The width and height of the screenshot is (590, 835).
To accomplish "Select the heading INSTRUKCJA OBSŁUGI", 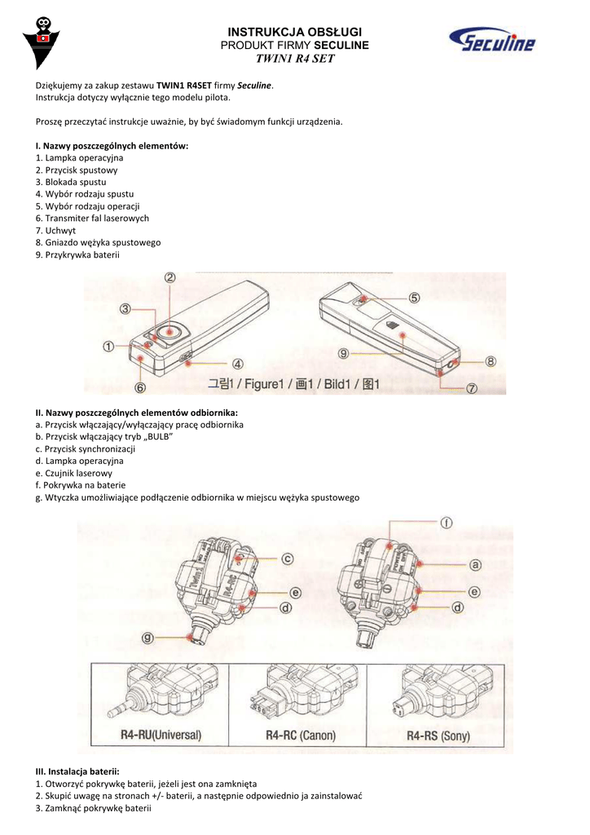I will point(294,31).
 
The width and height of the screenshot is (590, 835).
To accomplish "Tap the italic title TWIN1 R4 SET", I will point(294,59).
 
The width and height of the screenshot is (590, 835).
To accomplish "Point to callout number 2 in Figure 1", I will point(170,277).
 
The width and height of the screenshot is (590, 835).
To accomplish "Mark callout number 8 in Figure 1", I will point(491,360).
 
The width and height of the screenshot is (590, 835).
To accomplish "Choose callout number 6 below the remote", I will point(140,387).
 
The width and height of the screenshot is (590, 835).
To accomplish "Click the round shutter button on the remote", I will point(170,331).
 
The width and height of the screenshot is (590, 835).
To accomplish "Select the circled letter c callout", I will point(288,559).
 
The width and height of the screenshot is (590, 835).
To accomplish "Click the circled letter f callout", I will point(447,523).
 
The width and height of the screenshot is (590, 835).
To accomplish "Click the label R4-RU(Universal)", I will point(161,735).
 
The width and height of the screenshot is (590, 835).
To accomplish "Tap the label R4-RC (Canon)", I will point(301,735).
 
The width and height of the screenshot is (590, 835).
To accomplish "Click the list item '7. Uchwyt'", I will point(55,231).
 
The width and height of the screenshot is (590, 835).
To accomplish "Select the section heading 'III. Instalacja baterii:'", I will point(77,771).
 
